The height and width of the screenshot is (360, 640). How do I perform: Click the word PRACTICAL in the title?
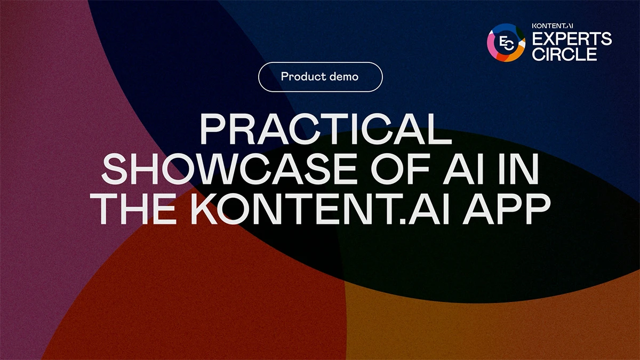click(x=326, y=129)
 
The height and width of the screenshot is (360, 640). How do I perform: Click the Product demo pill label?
click(x=321, y=77)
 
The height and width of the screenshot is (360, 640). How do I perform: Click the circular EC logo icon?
click(x=506, y=43)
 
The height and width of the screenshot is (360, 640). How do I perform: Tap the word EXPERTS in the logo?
click(x=572, y=38)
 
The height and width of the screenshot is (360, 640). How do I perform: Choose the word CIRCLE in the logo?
click(x=565, y=54)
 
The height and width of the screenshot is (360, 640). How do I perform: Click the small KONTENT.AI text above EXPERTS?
click(x=553, y=26)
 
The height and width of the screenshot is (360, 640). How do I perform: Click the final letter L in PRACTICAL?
click(x=441, y=129)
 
